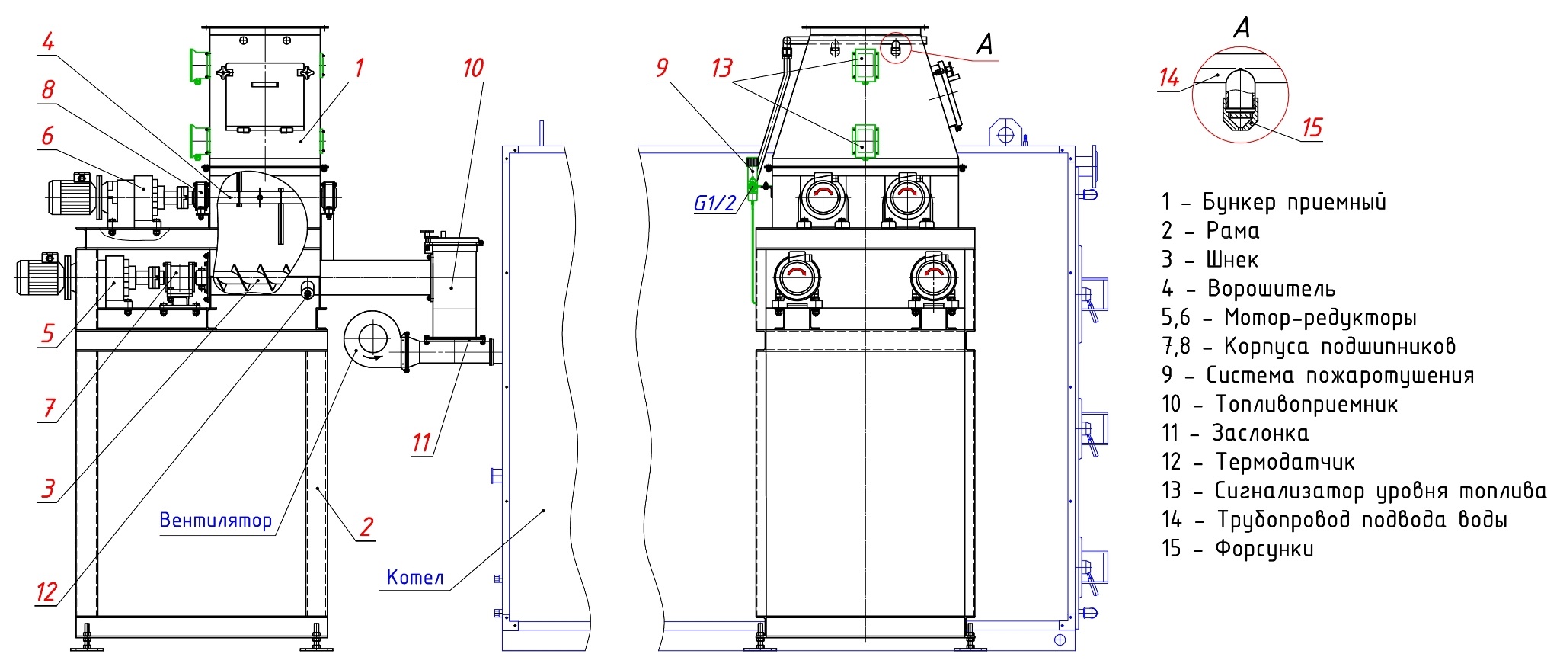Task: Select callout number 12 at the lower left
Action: pos(46,591)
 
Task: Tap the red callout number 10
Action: pos(473,69)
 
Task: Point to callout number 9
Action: pos(662,69)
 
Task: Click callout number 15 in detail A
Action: pos(1312,128)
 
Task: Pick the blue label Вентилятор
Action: pos(216,521)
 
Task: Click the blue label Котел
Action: pos(415,577)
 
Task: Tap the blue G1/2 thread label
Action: pos(714,203)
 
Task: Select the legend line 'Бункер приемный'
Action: pos(1273,202)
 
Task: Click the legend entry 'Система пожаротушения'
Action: pos(1318,376)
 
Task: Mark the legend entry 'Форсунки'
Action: pos(1238,549)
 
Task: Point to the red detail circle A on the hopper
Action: pos(897,47)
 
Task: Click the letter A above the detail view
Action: pos(1242,28)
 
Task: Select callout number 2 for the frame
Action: pos(366,527)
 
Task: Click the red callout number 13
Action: pos(721,69)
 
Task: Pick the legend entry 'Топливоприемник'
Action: pos(1280,404)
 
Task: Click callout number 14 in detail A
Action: pos(1169,78)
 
